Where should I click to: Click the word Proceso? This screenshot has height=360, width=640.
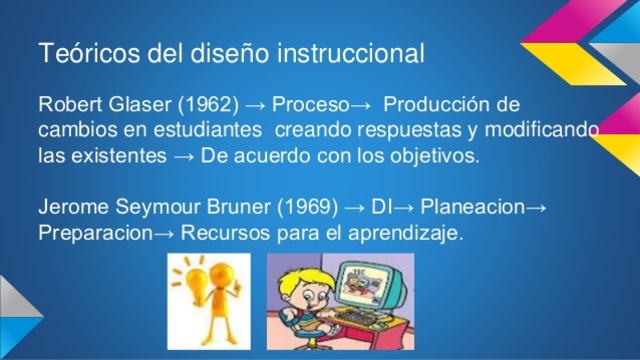[x=311, y=105]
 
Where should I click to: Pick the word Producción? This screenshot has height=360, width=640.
[x=439, y=105]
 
